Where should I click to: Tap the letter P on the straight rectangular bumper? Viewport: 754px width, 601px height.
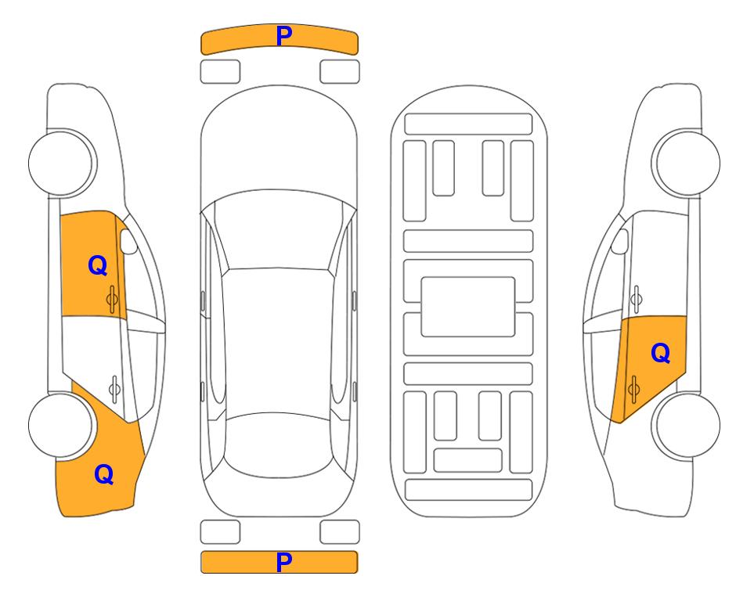284,562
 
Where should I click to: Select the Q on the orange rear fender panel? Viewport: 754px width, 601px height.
104,474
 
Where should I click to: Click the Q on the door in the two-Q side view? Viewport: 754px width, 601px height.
98,265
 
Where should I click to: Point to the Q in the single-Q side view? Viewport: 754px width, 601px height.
660,353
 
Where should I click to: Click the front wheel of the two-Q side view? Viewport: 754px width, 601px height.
62,163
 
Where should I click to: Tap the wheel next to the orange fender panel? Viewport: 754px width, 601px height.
60,425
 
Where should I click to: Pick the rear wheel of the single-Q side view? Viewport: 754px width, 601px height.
687,425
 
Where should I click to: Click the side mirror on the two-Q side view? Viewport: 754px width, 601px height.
128,241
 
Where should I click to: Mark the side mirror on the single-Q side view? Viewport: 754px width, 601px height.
620,241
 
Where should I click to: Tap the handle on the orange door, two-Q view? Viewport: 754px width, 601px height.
112,299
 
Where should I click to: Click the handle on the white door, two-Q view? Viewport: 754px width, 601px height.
114,388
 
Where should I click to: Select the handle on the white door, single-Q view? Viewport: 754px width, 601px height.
636,299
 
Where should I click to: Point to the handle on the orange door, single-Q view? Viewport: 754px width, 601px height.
633,388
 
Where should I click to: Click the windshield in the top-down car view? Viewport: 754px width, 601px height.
279,231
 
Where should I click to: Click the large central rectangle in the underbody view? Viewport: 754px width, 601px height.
468,307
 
